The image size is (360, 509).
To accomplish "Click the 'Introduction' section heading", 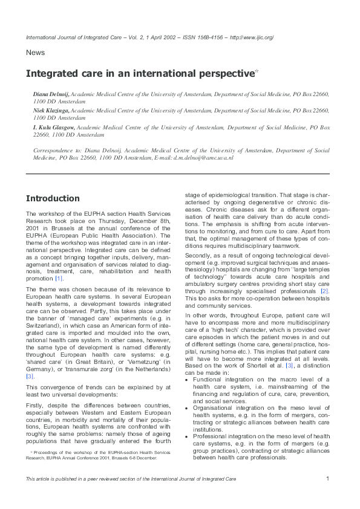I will tap(53, 198).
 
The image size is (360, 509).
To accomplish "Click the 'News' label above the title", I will tap(35, 53).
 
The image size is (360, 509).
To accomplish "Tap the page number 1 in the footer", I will tap(327, 479).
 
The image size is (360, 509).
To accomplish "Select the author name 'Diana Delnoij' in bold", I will tap(51, 96).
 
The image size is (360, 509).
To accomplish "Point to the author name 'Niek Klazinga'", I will tap(51, 112).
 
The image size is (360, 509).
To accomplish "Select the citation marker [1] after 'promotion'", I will tap(59, 278).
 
